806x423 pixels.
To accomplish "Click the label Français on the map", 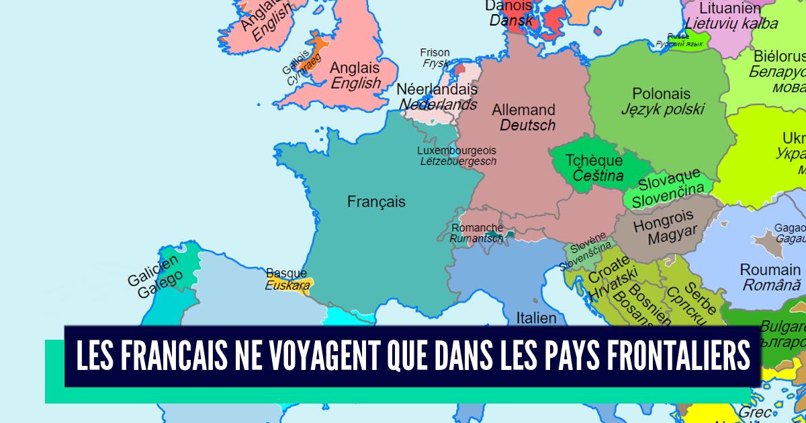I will [x=376, y=201].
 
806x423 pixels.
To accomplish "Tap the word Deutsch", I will [x=527, y=126].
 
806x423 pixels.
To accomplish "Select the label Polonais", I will [x=661, y=94].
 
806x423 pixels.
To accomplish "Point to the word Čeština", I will [x=598, y=177].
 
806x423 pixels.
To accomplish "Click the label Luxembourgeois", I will [x=456, y=150].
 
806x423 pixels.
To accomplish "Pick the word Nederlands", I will [x=438, y=105].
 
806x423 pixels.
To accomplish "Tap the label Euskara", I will [x=287, y=285].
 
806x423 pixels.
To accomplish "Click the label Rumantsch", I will [x=476, y=238].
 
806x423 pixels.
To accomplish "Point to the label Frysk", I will [x=435, y=64].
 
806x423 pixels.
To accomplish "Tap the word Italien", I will [x=536, y=318].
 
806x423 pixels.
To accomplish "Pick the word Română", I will [x=772, y=285].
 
